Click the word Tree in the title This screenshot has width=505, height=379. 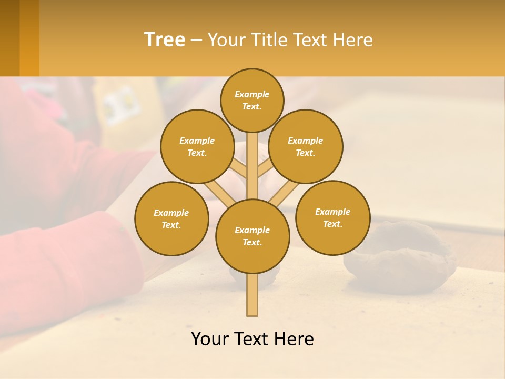point(165,39)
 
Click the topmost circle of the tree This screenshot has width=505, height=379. point(252,100)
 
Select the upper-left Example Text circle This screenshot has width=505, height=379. point(197,146)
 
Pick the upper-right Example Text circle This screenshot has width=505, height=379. point(305,146)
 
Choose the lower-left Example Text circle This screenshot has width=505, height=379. point(171,218)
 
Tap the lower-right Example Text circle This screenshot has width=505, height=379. point(332,217)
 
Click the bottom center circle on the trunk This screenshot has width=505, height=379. point(252,236)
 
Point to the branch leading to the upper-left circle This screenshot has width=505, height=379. point(239,169)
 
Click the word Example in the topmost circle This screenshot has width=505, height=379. point(252,94)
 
